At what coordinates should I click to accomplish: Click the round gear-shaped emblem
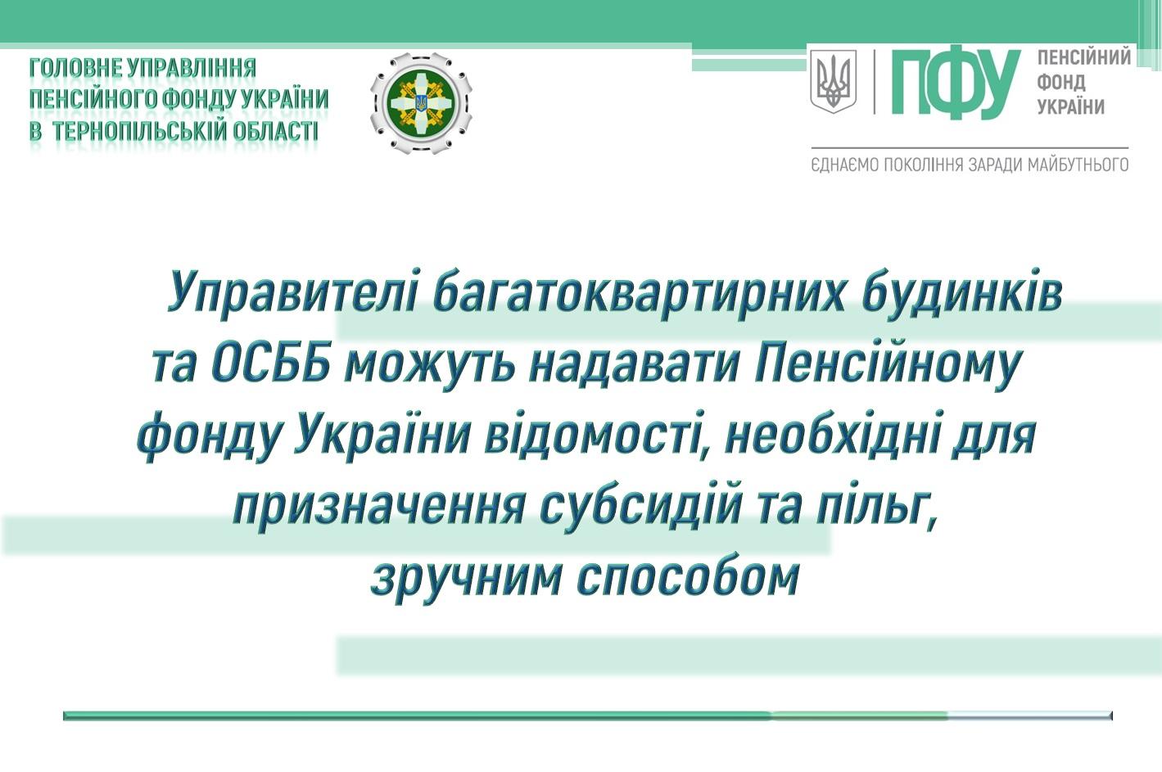click(421, 103)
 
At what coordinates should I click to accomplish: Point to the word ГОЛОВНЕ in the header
click(75, 68)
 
